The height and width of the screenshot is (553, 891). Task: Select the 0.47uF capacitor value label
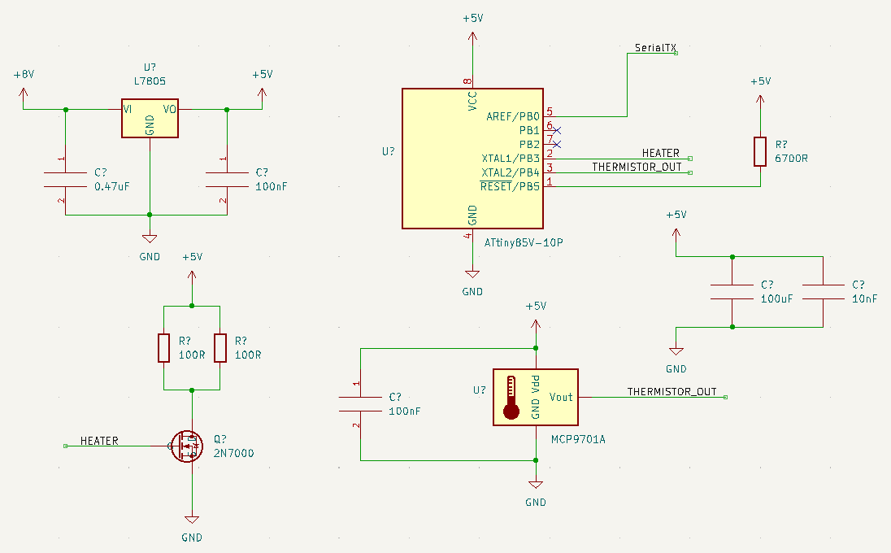[x=112, y=187]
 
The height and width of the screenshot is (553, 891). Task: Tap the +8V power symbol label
[x=24, y=74]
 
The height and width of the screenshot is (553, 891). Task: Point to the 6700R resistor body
[x=760, y=151]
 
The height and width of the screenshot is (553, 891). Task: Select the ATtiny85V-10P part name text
[x=523, y=242]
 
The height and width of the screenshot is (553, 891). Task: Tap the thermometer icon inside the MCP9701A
[x=511, y=397]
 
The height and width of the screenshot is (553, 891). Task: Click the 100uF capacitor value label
[x=776, y=298]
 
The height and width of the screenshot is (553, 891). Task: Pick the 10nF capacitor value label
[x=864, y=298]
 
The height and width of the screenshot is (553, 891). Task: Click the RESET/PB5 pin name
[x=510, y=186]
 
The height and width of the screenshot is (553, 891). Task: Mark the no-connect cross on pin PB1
[x=557, y=130]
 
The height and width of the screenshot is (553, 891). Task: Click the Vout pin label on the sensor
[x=561, y=397]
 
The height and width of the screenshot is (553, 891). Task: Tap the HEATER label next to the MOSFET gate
[x=98, y=441]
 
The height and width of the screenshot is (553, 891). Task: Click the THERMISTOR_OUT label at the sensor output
[x=672, y=392]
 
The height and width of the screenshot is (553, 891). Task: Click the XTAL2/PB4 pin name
[x=511, y=172]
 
